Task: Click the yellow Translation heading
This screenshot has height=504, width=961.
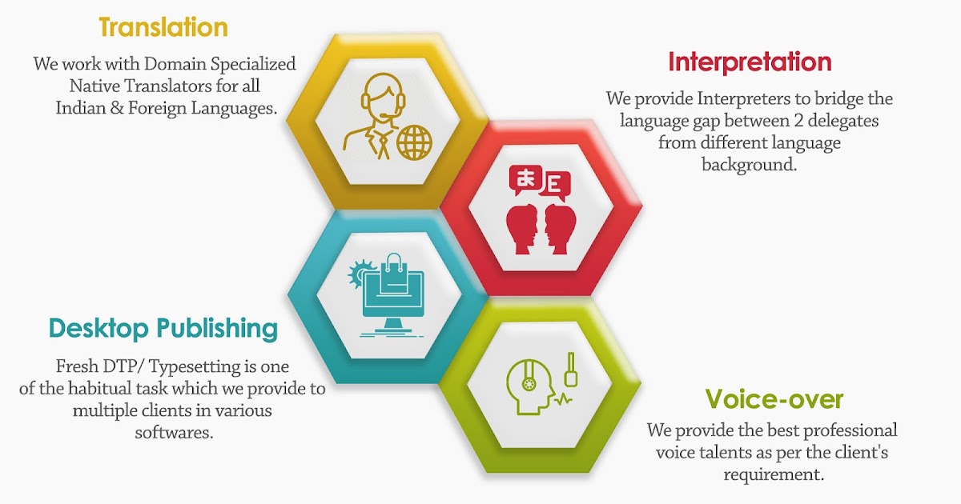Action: click(163, 27)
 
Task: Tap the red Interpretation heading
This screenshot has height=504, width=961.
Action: click(750, 62)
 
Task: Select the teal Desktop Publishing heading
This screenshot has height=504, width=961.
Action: click(163, 328)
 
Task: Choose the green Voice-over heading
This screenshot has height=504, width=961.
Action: click(774, 398)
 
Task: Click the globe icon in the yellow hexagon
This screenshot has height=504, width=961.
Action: click(414, 142)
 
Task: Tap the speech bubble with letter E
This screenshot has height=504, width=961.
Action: click(555, 185)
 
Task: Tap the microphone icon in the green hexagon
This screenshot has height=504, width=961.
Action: click(571, 369)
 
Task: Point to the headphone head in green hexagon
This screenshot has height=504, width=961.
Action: click(529, 383)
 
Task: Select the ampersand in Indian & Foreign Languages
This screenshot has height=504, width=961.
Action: click(124, 109)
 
